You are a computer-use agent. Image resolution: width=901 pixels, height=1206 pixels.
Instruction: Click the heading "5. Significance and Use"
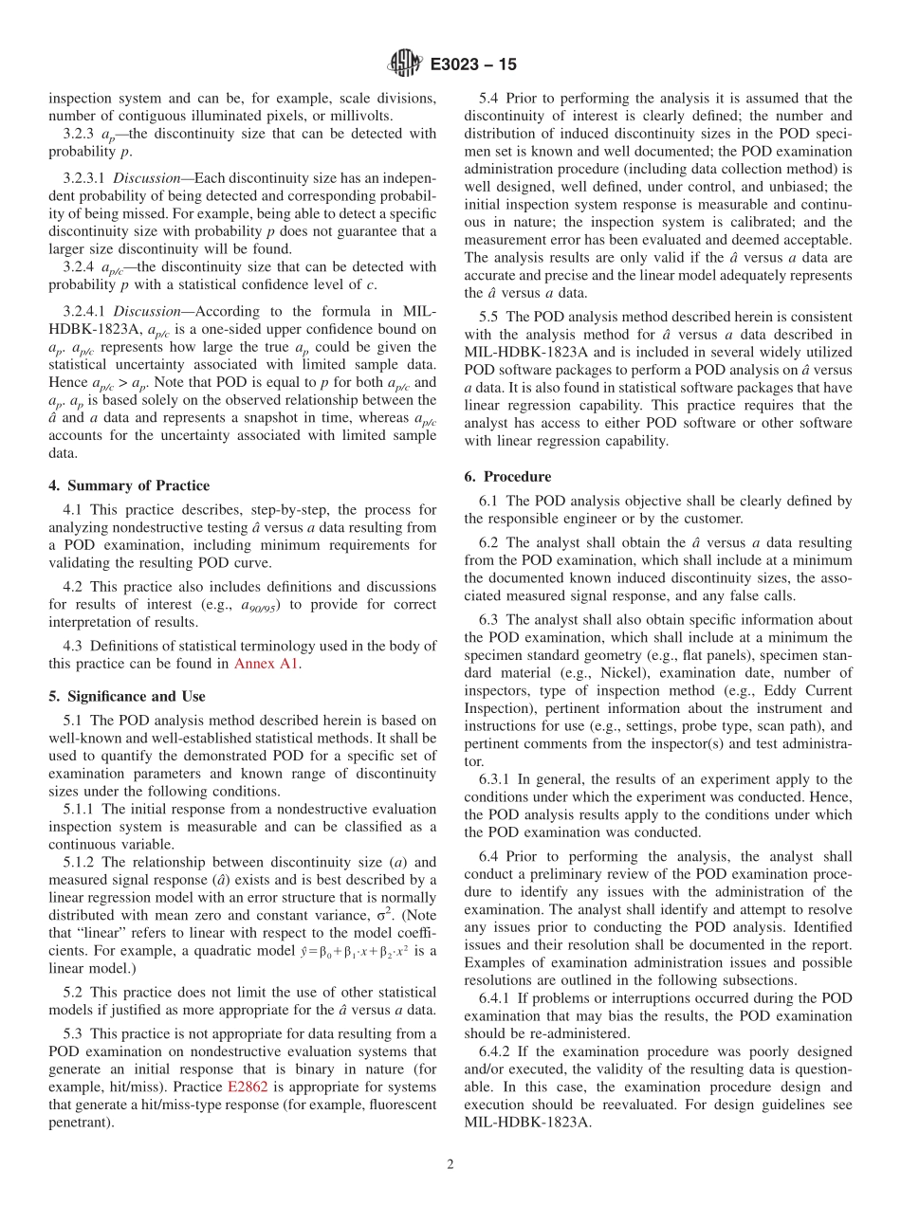tap(126, 696)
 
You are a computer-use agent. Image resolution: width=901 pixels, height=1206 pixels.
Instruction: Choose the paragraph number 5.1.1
tap(79, 809)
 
